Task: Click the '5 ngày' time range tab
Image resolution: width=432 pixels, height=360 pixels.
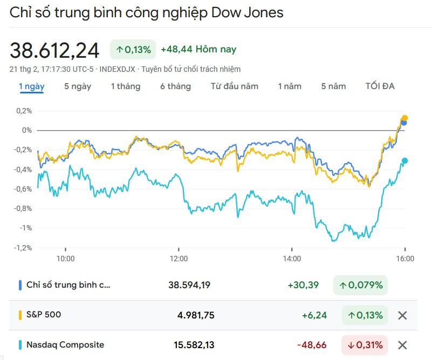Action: [78, 86]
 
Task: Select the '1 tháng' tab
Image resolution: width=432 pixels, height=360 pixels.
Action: [126, 86]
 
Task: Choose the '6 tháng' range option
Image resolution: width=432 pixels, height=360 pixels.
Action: [175, 86]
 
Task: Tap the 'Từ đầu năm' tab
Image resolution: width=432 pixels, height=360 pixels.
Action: [235, 86]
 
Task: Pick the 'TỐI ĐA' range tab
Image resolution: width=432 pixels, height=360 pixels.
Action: [380, 86]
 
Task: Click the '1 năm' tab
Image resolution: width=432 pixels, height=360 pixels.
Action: [290, 86]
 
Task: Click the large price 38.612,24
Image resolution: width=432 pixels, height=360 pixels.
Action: [54, 51]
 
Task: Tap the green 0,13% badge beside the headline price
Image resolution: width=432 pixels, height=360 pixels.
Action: [133, 50]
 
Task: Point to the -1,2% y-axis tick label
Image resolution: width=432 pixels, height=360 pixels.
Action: [23, 248]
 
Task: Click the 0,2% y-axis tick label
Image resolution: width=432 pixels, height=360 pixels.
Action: [24, 111]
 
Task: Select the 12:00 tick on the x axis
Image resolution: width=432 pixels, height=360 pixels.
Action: [179, 259]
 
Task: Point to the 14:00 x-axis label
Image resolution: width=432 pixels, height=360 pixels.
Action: [292, 259]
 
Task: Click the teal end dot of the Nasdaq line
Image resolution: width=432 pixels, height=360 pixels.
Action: [404, 161]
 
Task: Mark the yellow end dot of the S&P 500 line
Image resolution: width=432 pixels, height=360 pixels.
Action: [404, 118]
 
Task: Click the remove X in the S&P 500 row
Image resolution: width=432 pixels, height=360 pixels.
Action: [402, 315]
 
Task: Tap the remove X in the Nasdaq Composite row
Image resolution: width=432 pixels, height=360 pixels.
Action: [402, 345]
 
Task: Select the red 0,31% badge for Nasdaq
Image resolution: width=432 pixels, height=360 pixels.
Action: [364, 345]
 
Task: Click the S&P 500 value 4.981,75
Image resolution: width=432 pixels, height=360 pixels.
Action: [196, 315]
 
